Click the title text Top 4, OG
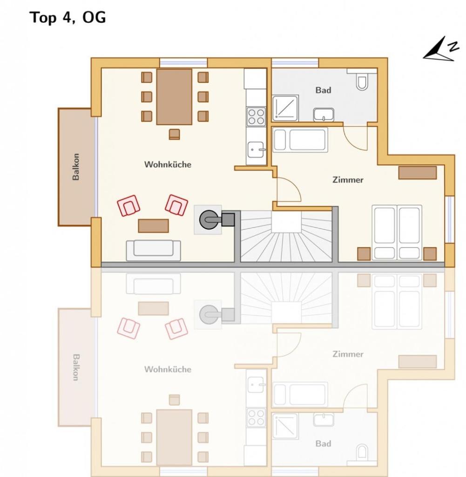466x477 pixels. tap(68, 17)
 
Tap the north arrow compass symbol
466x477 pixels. tap(438, 51)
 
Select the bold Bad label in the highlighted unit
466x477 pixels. tap(323, 90)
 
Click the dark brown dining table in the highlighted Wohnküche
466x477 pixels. tap(174, 97)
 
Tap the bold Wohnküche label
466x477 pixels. tap(168, 164)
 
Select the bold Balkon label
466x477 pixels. tap(76, 167)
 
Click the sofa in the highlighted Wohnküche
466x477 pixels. tap(153, 250)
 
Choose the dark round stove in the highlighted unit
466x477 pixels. tap(208, 219)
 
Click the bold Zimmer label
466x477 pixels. tap(347, 179)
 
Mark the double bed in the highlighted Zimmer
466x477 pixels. tap(397, 232)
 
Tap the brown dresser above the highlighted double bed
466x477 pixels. tap(417, 172)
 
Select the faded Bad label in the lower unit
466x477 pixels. tap(323, 443)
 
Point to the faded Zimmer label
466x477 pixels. tap(347, 354)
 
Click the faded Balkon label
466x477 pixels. tap(76, 368)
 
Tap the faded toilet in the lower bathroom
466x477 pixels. tap(362, 452)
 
